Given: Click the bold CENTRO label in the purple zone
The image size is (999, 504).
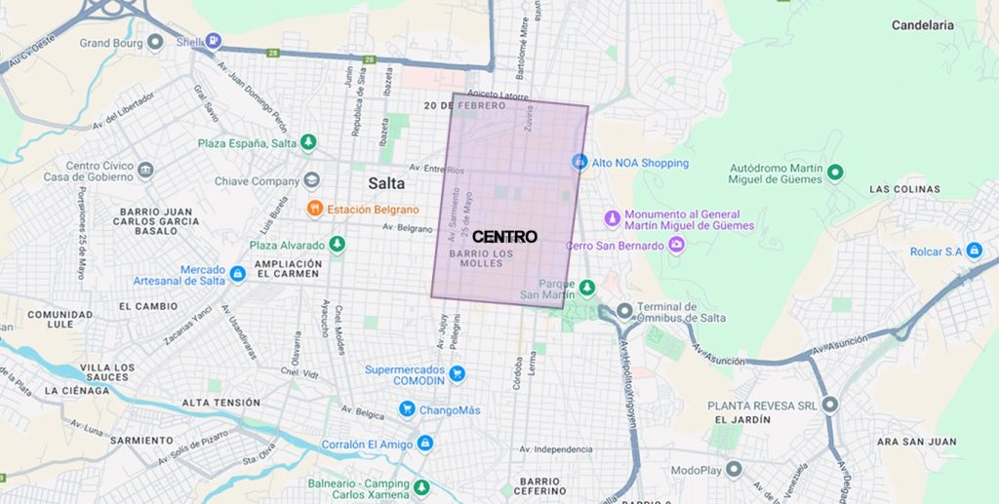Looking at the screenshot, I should point(504,237).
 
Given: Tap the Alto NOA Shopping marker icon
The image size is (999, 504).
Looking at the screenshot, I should point(579,162).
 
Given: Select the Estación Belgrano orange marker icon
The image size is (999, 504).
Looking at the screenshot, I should point(315,209).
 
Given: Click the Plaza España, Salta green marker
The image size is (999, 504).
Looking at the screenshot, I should point(309,142).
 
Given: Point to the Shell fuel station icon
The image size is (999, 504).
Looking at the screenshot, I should point(213,41).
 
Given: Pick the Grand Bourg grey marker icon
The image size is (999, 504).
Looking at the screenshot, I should point(155,42).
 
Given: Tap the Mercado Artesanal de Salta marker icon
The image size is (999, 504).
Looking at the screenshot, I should point(237,275).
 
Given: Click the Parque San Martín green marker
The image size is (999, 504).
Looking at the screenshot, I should point(586,288).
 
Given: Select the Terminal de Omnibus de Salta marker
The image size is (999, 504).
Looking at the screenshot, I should point(623,311).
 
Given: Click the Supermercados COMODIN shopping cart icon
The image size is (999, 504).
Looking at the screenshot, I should point(457,372).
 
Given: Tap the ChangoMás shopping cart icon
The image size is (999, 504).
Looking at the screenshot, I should point(408,409).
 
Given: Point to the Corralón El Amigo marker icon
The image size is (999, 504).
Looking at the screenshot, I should point(424,444).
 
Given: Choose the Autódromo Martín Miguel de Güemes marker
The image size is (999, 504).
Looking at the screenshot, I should point(834,173).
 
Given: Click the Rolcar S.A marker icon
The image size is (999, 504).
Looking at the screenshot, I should point(973,251).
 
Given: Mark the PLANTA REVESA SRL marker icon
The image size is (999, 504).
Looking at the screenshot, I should point(830,404).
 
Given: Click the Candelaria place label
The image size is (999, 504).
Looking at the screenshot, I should point(922,25).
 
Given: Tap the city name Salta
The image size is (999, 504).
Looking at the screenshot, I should point(386,183).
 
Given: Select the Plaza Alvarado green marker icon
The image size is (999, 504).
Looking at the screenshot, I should point(337,245).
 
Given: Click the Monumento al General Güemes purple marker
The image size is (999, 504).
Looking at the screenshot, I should point(612,218).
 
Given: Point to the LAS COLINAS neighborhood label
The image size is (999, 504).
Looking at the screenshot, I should point(904,189).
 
